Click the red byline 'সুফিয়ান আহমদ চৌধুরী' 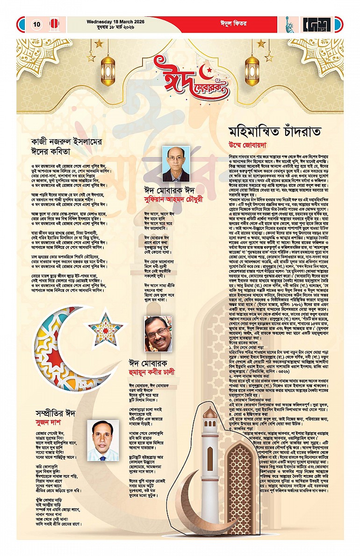(176, 198)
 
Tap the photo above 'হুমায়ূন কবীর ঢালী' (158, 334)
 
